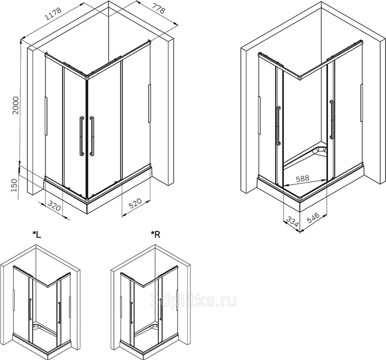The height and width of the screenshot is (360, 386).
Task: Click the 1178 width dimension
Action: (54, 13)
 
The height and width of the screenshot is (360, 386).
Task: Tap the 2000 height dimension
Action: (15, 105)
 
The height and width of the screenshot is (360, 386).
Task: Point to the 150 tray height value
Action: (14, 185)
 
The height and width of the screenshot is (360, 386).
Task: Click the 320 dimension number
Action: (54, 206)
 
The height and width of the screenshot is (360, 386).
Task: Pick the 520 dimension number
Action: (135, 203)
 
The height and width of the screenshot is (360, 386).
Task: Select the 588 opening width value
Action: (302, 178)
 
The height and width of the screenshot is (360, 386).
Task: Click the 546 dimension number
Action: (313, 218)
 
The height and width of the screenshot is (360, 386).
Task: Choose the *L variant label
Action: (37, 234)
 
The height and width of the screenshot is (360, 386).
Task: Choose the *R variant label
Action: (156, 234)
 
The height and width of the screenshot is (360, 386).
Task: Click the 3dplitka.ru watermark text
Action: (193, 301)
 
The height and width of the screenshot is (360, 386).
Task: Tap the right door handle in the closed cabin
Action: (92, 136)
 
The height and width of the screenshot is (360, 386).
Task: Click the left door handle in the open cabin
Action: (278, 126)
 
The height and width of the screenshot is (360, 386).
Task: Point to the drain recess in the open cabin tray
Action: (319, 151)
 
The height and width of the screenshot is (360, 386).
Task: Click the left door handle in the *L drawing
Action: (30, 309)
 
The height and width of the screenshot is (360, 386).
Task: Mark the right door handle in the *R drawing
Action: (161, 310)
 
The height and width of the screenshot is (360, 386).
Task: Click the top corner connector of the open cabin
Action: (300, 78)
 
